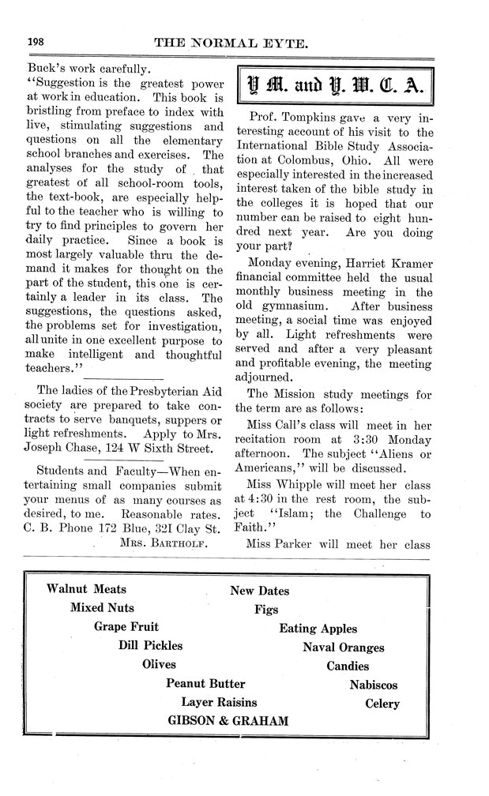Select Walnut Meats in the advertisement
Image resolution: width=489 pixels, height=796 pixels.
pyautogui.click(x=86, y=589)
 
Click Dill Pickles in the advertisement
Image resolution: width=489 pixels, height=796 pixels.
pyautogui.click(x=149, y=646)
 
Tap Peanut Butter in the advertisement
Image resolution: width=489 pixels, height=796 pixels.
pyautogui.click(x=205, y=684)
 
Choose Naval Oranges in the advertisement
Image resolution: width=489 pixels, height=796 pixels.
pyautogui.click(x=343, y=648)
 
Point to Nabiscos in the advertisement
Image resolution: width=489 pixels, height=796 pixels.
pyautogui.click(x=373, y=685)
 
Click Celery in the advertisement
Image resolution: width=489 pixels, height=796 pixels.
pyautogui.click(x=382, y=704)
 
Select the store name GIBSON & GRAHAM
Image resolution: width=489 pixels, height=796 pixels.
pyautogui.click(x=228, y=721)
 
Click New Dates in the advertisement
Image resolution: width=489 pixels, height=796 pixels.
pyautogui.click(x=259, y=591)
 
